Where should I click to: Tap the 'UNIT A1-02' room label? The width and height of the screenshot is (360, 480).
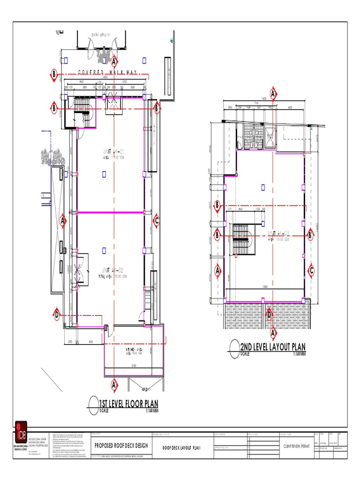(112, 270)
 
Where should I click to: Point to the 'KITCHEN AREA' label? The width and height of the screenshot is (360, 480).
(133, 350)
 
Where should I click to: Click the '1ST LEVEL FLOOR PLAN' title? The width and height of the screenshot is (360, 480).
(128, 404)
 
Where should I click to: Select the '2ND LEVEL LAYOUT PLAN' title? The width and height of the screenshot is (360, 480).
(272, 347)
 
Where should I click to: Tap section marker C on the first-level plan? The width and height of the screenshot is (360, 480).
(157, 220)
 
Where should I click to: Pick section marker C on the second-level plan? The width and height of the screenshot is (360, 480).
(310, 270)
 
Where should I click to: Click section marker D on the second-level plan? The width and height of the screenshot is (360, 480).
(269, 314)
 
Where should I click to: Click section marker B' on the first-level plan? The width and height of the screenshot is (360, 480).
(157, 108)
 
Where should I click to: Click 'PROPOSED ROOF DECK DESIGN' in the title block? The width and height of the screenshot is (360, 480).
(121, 445)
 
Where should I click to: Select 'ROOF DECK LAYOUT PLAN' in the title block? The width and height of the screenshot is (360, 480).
(181, 448)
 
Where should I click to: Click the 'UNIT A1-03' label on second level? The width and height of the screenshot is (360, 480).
(280, 233)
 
